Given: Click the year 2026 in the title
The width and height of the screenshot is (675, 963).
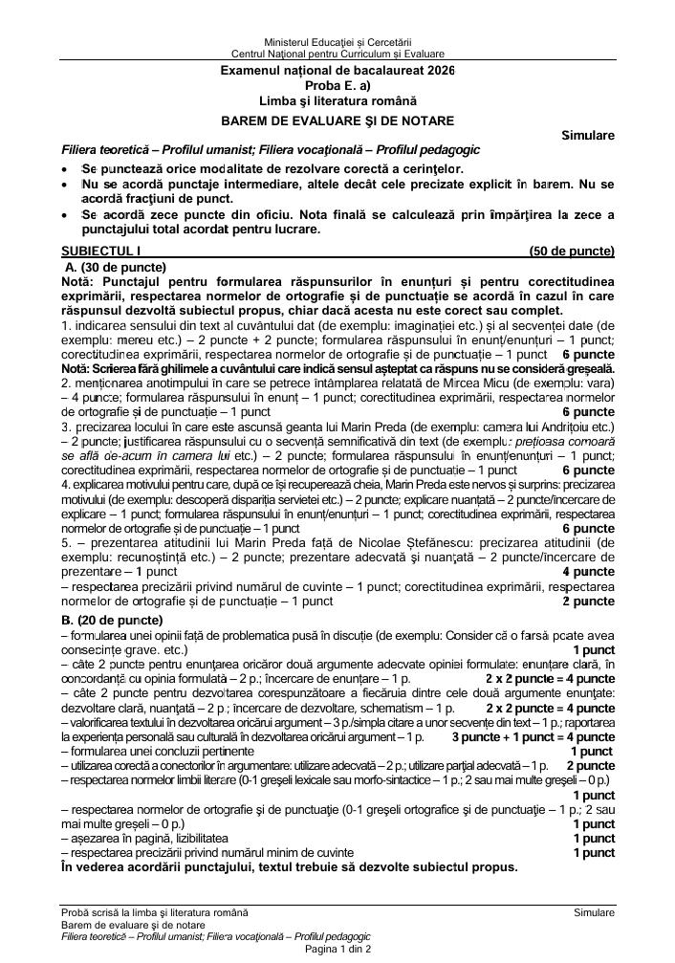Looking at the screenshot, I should tap(441, 72).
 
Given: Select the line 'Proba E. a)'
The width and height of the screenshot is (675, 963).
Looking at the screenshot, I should tap(337, 86).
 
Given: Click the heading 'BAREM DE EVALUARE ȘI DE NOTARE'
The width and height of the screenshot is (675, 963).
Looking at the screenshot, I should tap(337, 120).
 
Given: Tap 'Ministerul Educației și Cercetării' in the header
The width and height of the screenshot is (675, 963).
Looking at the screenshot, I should tap(337, 43).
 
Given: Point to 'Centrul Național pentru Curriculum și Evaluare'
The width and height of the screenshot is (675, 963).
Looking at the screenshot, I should tap(337, 55).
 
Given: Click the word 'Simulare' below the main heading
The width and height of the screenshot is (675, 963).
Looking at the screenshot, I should tap(588, 136).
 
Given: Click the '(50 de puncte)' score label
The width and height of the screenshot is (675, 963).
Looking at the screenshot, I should tap(572, 252).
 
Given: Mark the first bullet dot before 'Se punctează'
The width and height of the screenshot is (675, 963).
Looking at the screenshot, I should tap(64, 169).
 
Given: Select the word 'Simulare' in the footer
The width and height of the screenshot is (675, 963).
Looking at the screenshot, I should tap(594, 913).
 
